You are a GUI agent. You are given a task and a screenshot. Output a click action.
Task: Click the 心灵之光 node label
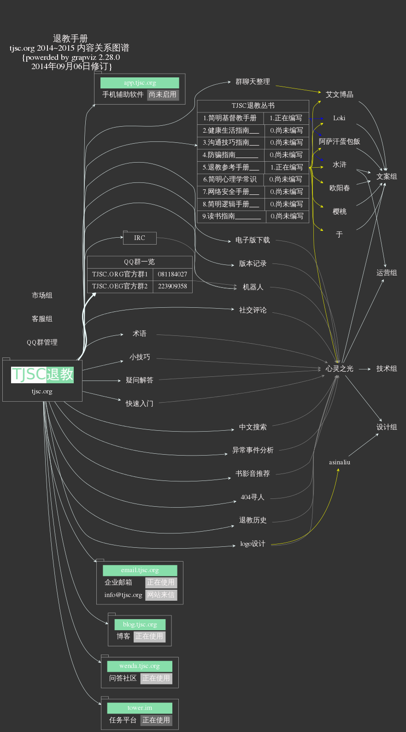point(339,369)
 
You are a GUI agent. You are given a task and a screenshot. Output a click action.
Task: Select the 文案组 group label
point(386,176)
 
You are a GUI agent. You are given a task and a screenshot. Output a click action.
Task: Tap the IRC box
point(140,238)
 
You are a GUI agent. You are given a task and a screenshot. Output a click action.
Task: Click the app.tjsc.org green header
point(140,83)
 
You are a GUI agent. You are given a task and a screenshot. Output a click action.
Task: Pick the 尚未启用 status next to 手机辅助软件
point(163,94)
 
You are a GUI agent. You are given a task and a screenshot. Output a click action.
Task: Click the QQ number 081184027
point(172,274)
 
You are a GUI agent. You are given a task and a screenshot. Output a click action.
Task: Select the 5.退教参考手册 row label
point(231,167)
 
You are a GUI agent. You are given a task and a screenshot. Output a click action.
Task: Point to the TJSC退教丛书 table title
point(253,105)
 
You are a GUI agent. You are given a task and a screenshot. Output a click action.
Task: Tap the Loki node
point(339,118)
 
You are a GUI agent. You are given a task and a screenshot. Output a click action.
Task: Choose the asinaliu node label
point(340,462)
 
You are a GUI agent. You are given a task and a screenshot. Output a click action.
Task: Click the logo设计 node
point(253,544)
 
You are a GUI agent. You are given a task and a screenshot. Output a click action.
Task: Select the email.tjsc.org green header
point(140,570)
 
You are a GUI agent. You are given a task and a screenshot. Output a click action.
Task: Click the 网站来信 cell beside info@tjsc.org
point(161,595)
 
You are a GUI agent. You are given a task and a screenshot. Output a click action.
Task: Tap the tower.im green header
point(140,708)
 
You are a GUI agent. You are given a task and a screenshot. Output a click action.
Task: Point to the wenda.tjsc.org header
point(140,666)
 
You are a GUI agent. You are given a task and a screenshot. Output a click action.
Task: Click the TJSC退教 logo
point(42,374)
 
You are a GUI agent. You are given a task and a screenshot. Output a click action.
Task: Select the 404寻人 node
point(253,497)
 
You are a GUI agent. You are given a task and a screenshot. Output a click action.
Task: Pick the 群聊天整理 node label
point(253,82)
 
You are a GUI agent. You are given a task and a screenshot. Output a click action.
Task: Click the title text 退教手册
point(70,38)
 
